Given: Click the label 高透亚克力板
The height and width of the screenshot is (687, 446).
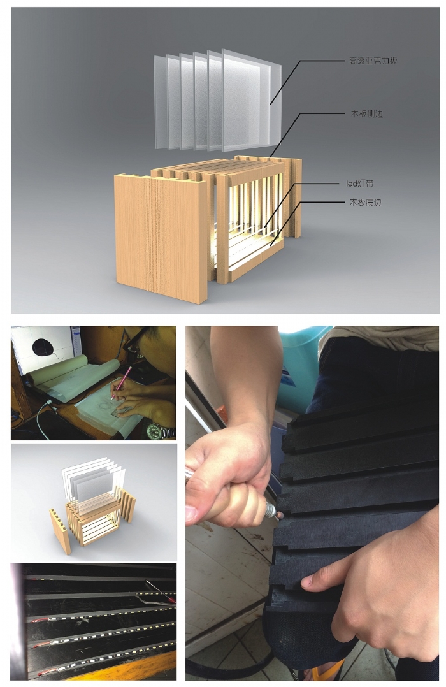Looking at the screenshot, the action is pyautogui.click(x=373, y=61).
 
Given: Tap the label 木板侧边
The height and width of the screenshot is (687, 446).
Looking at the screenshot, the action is pyautogui.click(x=367, y=114).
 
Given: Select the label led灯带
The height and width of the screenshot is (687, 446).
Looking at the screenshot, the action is pyautogui.click(x=360, y=184).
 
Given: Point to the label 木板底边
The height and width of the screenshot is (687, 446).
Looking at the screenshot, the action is pyautogui.click(x=365, y=203).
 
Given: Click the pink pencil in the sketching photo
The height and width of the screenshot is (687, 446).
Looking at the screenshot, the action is pyautogui.click(x=121, y=383).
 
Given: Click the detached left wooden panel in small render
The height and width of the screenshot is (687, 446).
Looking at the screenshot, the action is pyautogui.click(x=61, y=531).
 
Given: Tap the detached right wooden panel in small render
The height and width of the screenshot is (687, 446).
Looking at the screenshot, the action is pyautogui.click(x=128, y=505).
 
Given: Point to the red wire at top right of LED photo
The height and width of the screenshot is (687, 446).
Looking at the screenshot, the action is pyautogui.click(x=161, y=591).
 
